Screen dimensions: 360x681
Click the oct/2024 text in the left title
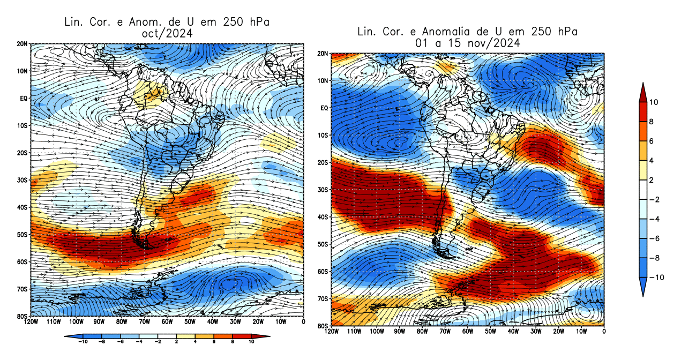pos(166,33)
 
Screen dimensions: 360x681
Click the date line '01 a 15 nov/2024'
pos(467,43)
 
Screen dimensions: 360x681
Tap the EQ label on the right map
pos(324,108)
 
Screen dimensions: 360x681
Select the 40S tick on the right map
pos(323,217)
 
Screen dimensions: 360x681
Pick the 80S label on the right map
pos(323,326)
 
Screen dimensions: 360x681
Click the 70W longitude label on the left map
pos(144,321)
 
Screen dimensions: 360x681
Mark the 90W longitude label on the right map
pos(399,332)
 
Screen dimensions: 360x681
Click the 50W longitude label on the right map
pos(490,332)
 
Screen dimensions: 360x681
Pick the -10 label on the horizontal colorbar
pos(83,341)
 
